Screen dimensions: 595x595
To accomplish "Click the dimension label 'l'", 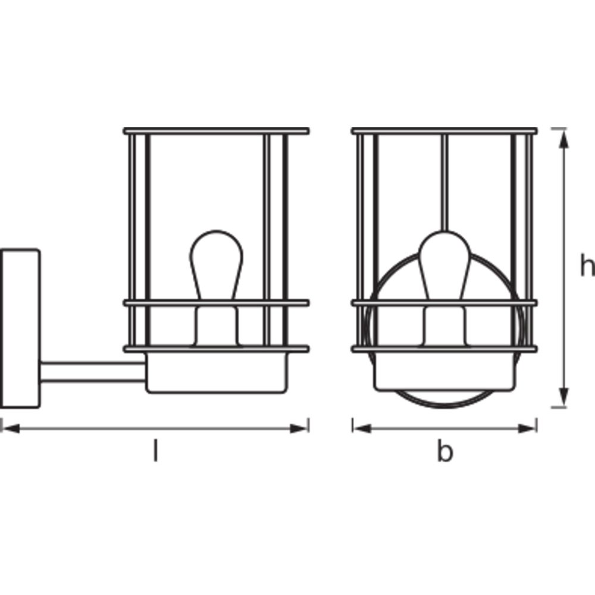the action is click(155, 450).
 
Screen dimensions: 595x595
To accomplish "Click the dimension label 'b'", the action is click(444, 451).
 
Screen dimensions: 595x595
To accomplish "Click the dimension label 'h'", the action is click(588, 265).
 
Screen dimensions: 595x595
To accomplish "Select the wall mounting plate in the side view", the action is click(20, 328).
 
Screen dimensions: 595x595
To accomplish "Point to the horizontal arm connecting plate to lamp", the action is click(93, 372).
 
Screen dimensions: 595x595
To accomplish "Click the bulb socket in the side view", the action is click(217, 326).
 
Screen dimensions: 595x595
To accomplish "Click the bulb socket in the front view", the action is click(444, 326).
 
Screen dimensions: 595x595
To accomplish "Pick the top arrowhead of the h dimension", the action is click(564, 138).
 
